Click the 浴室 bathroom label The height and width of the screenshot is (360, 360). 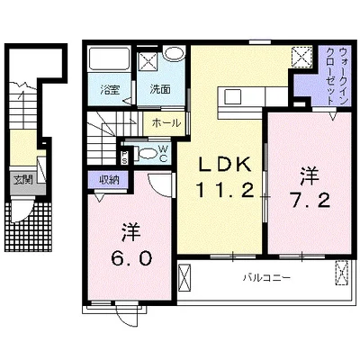click(110, 89)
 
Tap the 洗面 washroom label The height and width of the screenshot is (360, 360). click(160, 89)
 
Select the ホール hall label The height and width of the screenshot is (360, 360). click(166, 122)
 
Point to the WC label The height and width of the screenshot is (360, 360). click(163, 153)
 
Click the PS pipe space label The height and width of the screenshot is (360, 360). click(124, 157)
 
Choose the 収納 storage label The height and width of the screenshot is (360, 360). click(109, 180)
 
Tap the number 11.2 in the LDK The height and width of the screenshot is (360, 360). click(225, 191)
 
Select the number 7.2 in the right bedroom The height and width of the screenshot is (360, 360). click(310, 200)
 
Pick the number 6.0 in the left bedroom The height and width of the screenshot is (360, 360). click(131, 258)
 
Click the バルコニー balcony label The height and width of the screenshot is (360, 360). click(266, 277)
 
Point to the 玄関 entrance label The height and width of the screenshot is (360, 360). click(23, 180)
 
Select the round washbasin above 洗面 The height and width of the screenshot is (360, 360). click(174, 54)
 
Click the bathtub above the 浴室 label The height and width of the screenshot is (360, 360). click(109, 58)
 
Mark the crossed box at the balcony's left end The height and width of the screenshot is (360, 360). click(184, 277)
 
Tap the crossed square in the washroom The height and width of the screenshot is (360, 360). click(148, 62)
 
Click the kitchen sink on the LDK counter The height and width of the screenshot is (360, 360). click(232, 96)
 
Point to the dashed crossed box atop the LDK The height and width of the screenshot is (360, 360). click(301, 57)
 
